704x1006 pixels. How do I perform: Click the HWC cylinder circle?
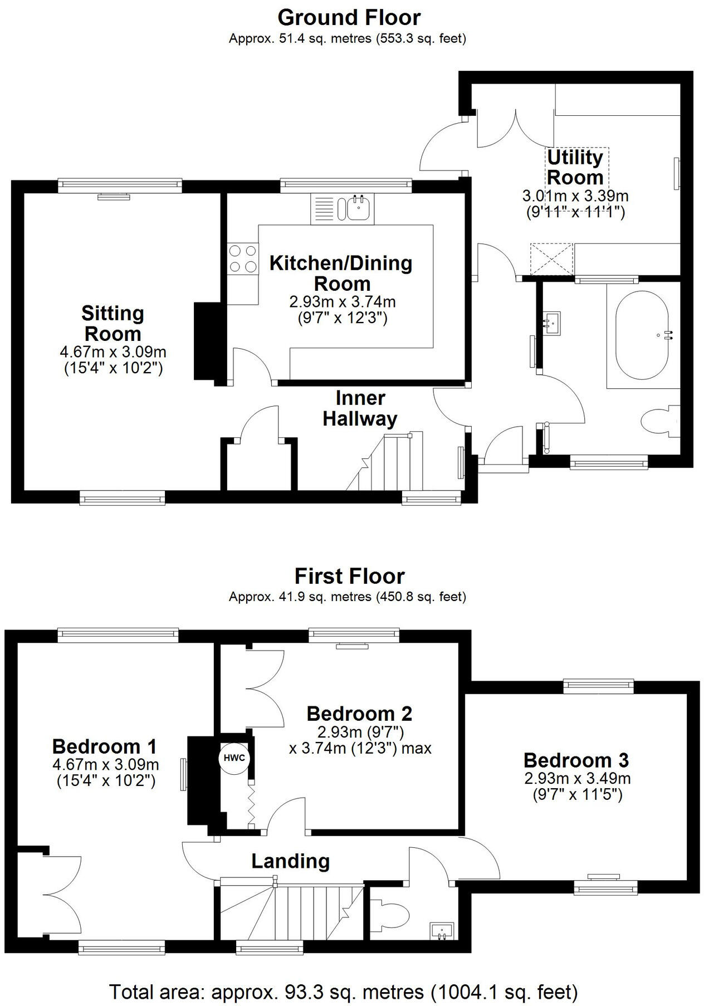234,758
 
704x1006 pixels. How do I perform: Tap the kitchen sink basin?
357,208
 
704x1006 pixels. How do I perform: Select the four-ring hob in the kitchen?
243,259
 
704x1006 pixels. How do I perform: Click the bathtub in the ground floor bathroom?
642,335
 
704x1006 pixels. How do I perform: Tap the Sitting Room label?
113,324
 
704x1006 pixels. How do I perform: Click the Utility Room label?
575,167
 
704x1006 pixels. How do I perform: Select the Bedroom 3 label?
576,760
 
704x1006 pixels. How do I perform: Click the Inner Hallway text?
360,408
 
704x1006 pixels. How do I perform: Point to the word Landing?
290,861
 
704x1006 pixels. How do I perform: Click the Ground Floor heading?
349,18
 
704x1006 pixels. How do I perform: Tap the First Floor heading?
349,576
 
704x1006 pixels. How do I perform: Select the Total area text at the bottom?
343,992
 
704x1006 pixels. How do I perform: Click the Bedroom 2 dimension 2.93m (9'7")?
360,731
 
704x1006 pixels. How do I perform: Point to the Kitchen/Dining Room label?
341,273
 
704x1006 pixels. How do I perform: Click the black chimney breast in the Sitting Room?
204,341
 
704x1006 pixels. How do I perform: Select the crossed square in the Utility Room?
551,259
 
